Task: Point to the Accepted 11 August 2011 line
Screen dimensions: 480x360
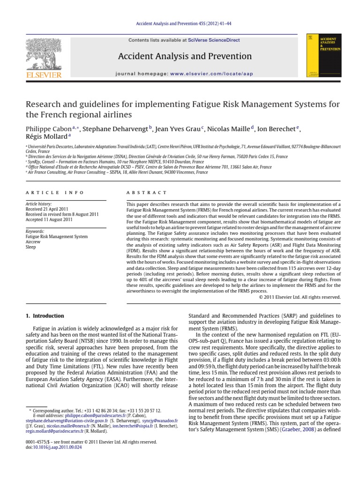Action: pyautogui.click(x=49, y=219)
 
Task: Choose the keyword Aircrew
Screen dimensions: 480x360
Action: pyautogui.click(x=33, y=241)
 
